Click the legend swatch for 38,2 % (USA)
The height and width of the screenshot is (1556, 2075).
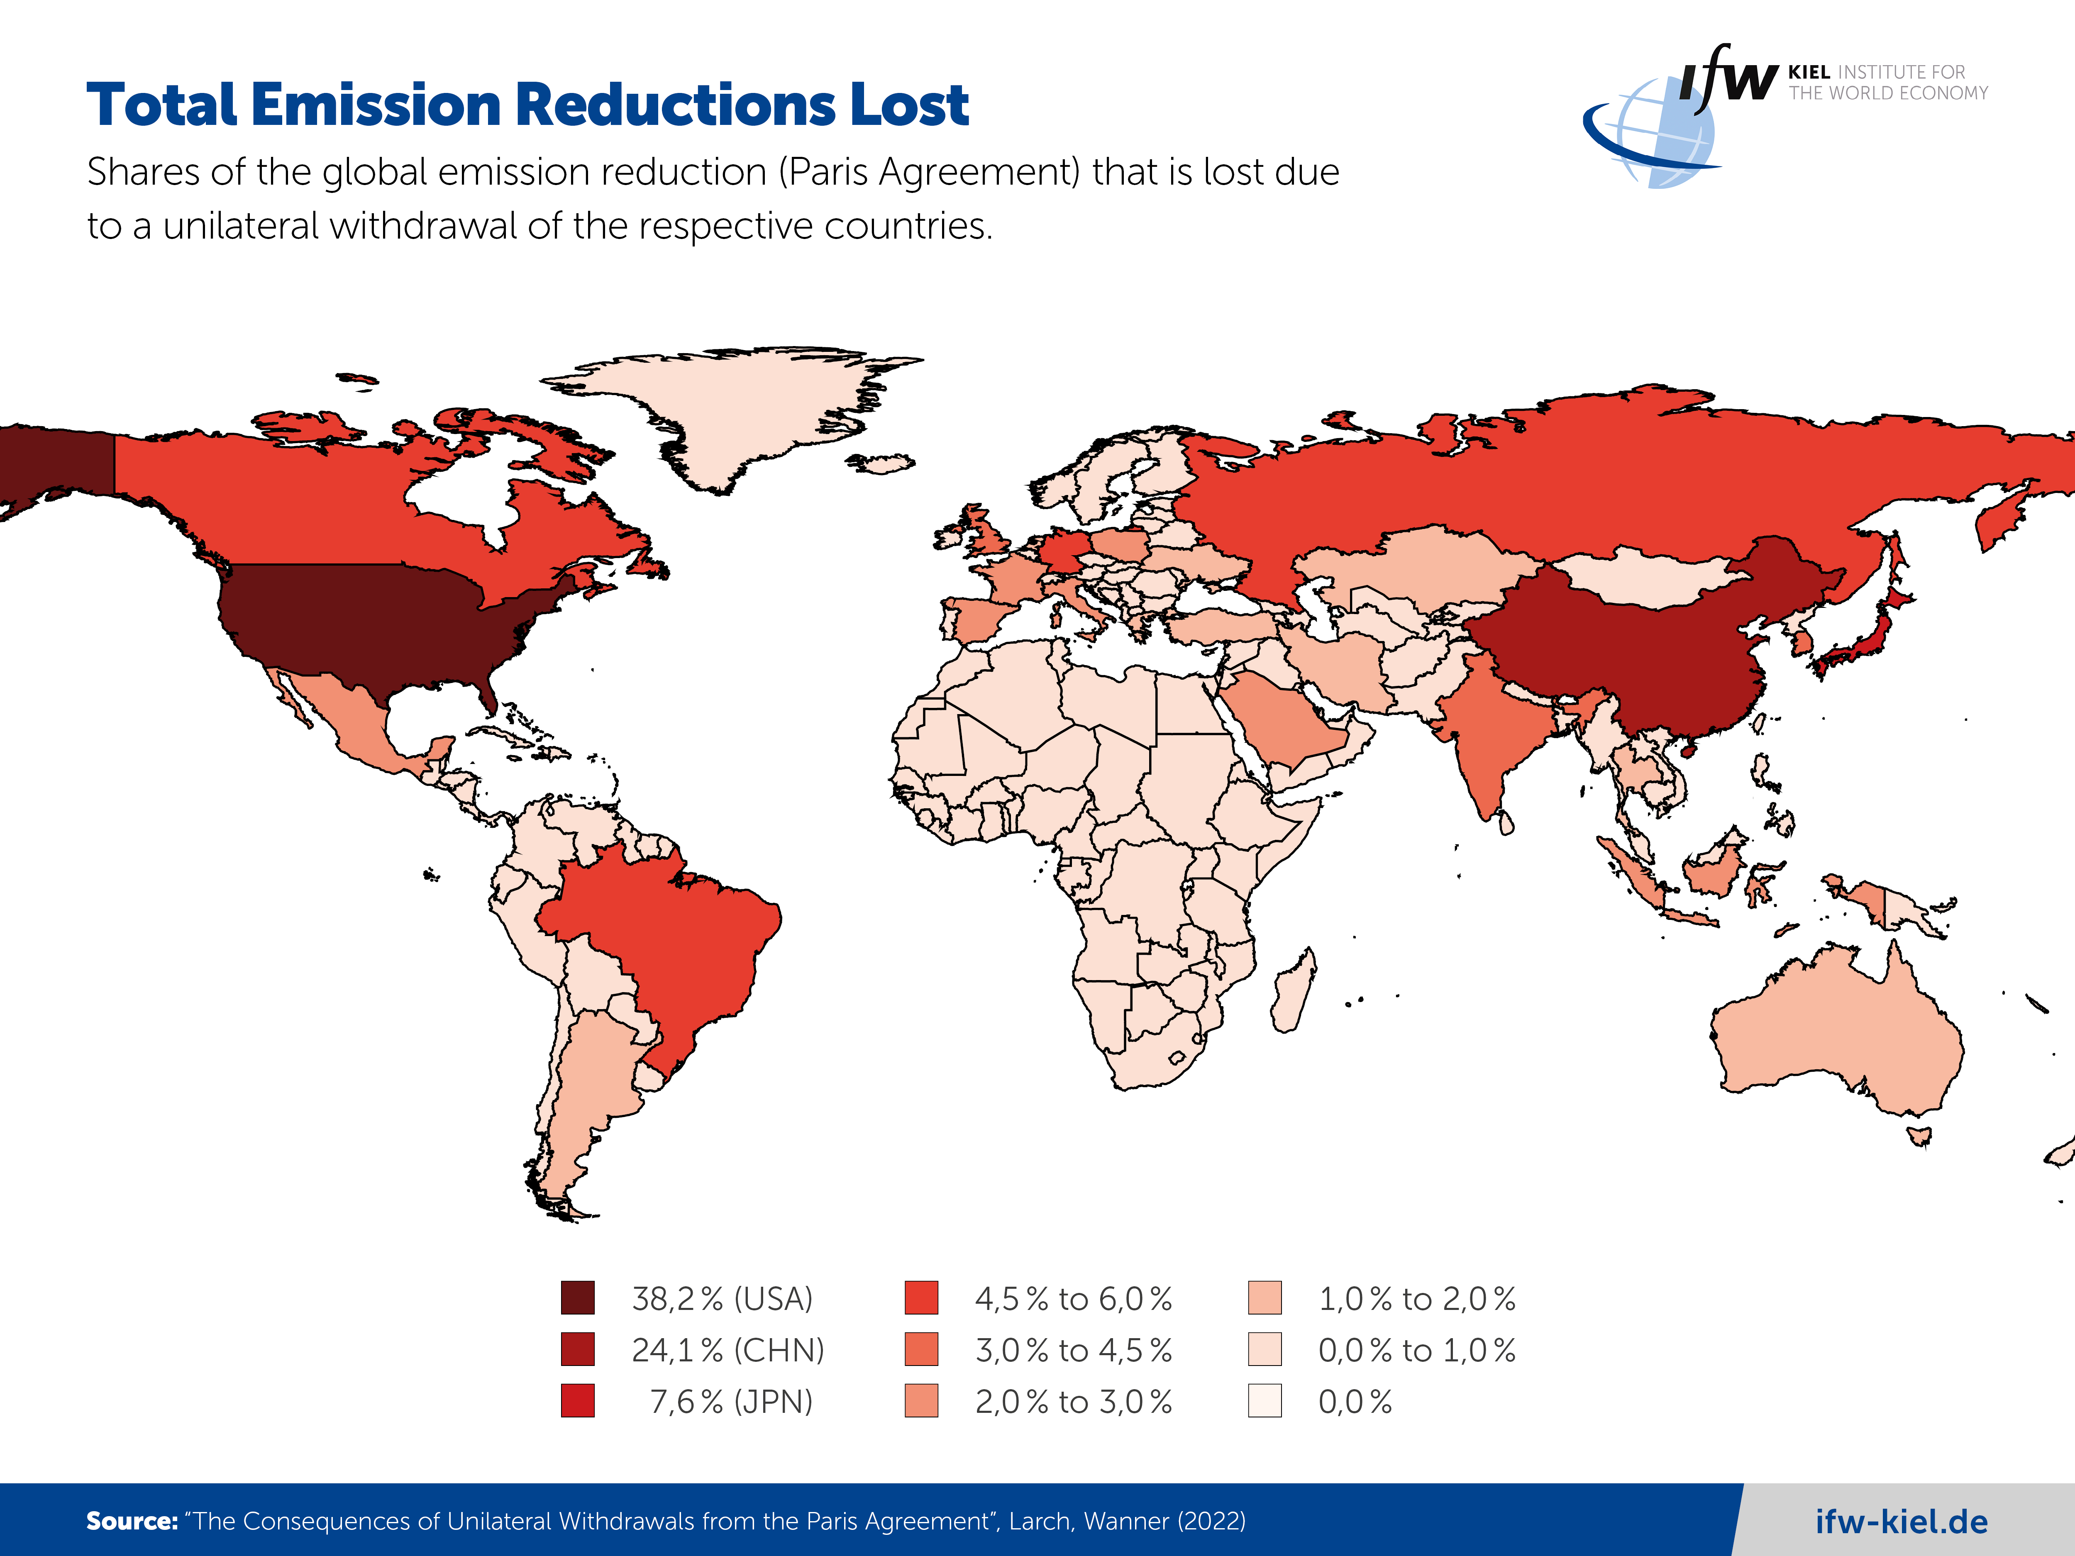tap(577, 1298)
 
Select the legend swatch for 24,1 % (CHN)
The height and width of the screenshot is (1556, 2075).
tap(577, 1350)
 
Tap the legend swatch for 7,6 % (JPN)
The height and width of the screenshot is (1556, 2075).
tap(577, 1401)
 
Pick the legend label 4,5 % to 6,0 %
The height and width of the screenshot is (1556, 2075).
tap(1073, 1299)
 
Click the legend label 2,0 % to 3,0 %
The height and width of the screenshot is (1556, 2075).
tap(1073, 1402)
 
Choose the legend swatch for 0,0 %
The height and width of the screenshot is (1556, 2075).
tap(1265, 1401)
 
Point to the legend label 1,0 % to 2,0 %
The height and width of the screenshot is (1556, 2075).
tap(1416, 1299)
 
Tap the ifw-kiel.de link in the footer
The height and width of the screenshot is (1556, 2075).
tap(1902, 1521)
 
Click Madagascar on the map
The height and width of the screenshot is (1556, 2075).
tap(1294, 994)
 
